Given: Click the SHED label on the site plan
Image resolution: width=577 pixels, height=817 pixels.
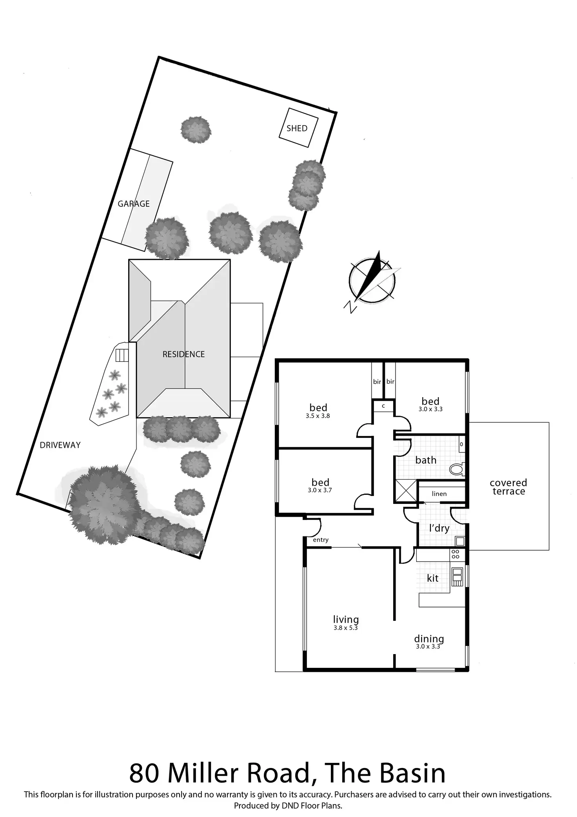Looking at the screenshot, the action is coord(297,128).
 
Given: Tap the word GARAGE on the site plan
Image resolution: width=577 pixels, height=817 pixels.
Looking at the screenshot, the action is coord(134,204).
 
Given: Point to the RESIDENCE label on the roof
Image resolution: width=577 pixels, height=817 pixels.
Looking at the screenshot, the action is coord(183,354).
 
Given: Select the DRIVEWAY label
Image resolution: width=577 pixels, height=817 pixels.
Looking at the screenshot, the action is coord(60,445).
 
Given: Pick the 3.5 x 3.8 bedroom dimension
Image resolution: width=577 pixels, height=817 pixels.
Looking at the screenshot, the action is coord(318,416).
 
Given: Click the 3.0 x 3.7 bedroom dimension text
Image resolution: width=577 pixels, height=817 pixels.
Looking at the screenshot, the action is coord(320,490).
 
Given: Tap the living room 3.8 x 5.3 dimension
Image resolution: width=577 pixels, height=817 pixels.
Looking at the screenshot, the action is coord(345,627).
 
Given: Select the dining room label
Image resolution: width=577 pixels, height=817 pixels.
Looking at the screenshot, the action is coord(429,639).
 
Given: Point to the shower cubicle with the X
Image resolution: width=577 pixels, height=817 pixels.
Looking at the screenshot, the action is coord(406,491).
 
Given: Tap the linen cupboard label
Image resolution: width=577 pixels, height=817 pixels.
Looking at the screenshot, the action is coord(439,494).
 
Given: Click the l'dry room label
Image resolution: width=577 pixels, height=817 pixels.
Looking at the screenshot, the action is coord(439,528).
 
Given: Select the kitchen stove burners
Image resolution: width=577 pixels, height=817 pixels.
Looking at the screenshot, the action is coord(455,554).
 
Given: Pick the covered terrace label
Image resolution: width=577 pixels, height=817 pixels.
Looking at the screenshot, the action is coord(508,487).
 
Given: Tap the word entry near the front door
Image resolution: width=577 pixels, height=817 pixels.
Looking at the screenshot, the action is coord(321,540).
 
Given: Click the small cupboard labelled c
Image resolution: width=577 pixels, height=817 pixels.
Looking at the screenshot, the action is coord(383,406).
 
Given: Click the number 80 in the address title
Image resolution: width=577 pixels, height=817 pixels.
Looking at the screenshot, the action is coord(144,773).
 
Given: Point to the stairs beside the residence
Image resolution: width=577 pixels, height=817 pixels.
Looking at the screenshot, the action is coord(122,355).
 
